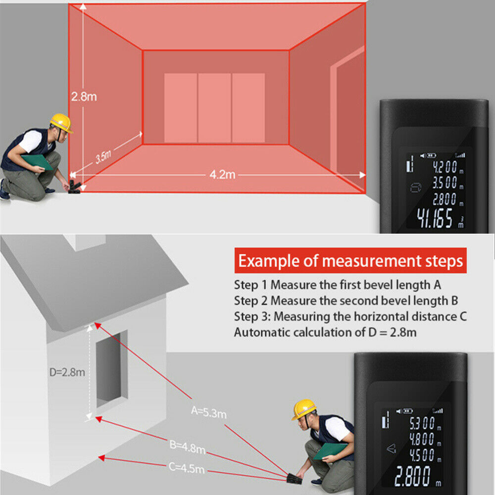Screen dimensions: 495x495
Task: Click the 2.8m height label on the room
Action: [x=84, y=97]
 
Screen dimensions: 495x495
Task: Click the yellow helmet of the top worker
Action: [x=60, y=122]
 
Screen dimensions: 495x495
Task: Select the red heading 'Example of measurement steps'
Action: [x=350, y=261]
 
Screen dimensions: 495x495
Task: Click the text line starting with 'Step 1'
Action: [x=337, y=285]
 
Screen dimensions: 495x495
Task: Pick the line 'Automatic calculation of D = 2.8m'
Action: [x=325, y=332]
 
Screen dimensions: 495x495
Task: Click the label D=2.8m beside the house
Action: [x=67, y=372]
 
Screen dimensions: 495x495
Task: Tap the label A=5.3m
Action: [x=209, y=411]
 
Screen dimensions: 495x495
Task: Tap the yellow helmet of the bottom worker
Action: [x=303, y=409]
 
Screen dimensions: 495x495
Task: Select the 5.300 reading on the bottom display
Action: [x=421, y=422]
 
